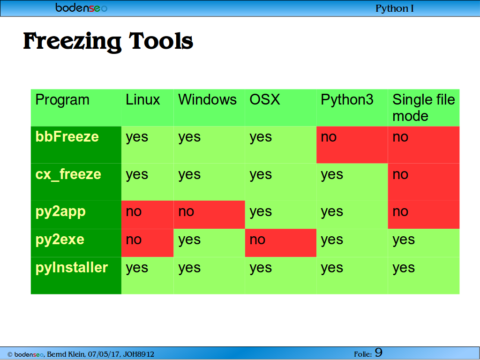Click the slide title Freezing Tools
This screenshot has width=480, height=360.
pyautogui.click(x=108, y=42)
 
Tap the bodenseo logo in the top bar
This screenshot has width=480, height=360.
pyautogui.click(x=82, y=7)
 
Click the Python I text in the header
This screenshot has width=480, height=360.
pyautogui.click(x=395, y=8)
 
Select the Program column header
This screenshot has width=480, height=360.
pyautogui.click(x=62, y=100)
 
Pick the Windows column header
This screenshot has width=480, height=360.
pyautogui.click(x=208, y=100)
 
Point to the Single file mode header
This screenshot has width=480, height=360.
pyautogui.click(x=424, y=108)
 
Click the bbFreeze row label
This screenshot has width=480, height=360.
pyautogui.click(x=67, y=137)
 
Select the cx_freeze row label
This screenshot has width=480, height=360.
pyautogui.click(x=68, y=174)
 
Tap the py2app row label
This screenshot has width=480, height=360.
pyautogui.click(x=60, y=212)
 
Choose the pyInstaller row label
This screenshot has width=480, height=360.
pyautogui.click(x=72, y=268)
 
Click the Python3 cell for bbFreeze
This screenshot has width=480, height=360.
pyautogui.click(x=352, y=145)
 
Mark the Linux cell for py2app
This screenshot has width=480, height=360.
pyautogui.click(x=148, y=215)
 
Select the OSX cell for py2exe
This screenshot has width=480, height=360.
pyautogui.click(x=281, y=243)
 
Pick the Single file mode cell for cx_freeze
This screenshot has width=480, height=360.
pyautogui.click(x=424, y=182)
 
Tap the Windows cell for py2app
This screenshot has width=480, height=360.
pyautogui.click(x=210, y=215)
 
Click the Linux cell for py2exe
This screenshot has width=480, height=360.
pyautogui.click(x=148, y=243)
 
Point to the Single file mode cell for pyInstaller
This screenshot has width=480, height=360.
pyautogui.click(x=424, y=276)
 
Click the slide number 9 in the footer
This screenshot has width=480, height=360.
pyautogui.click(x=379, y=352)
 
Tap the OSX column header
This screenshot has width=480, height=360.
pyautogui.click(x=265, y=100)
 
